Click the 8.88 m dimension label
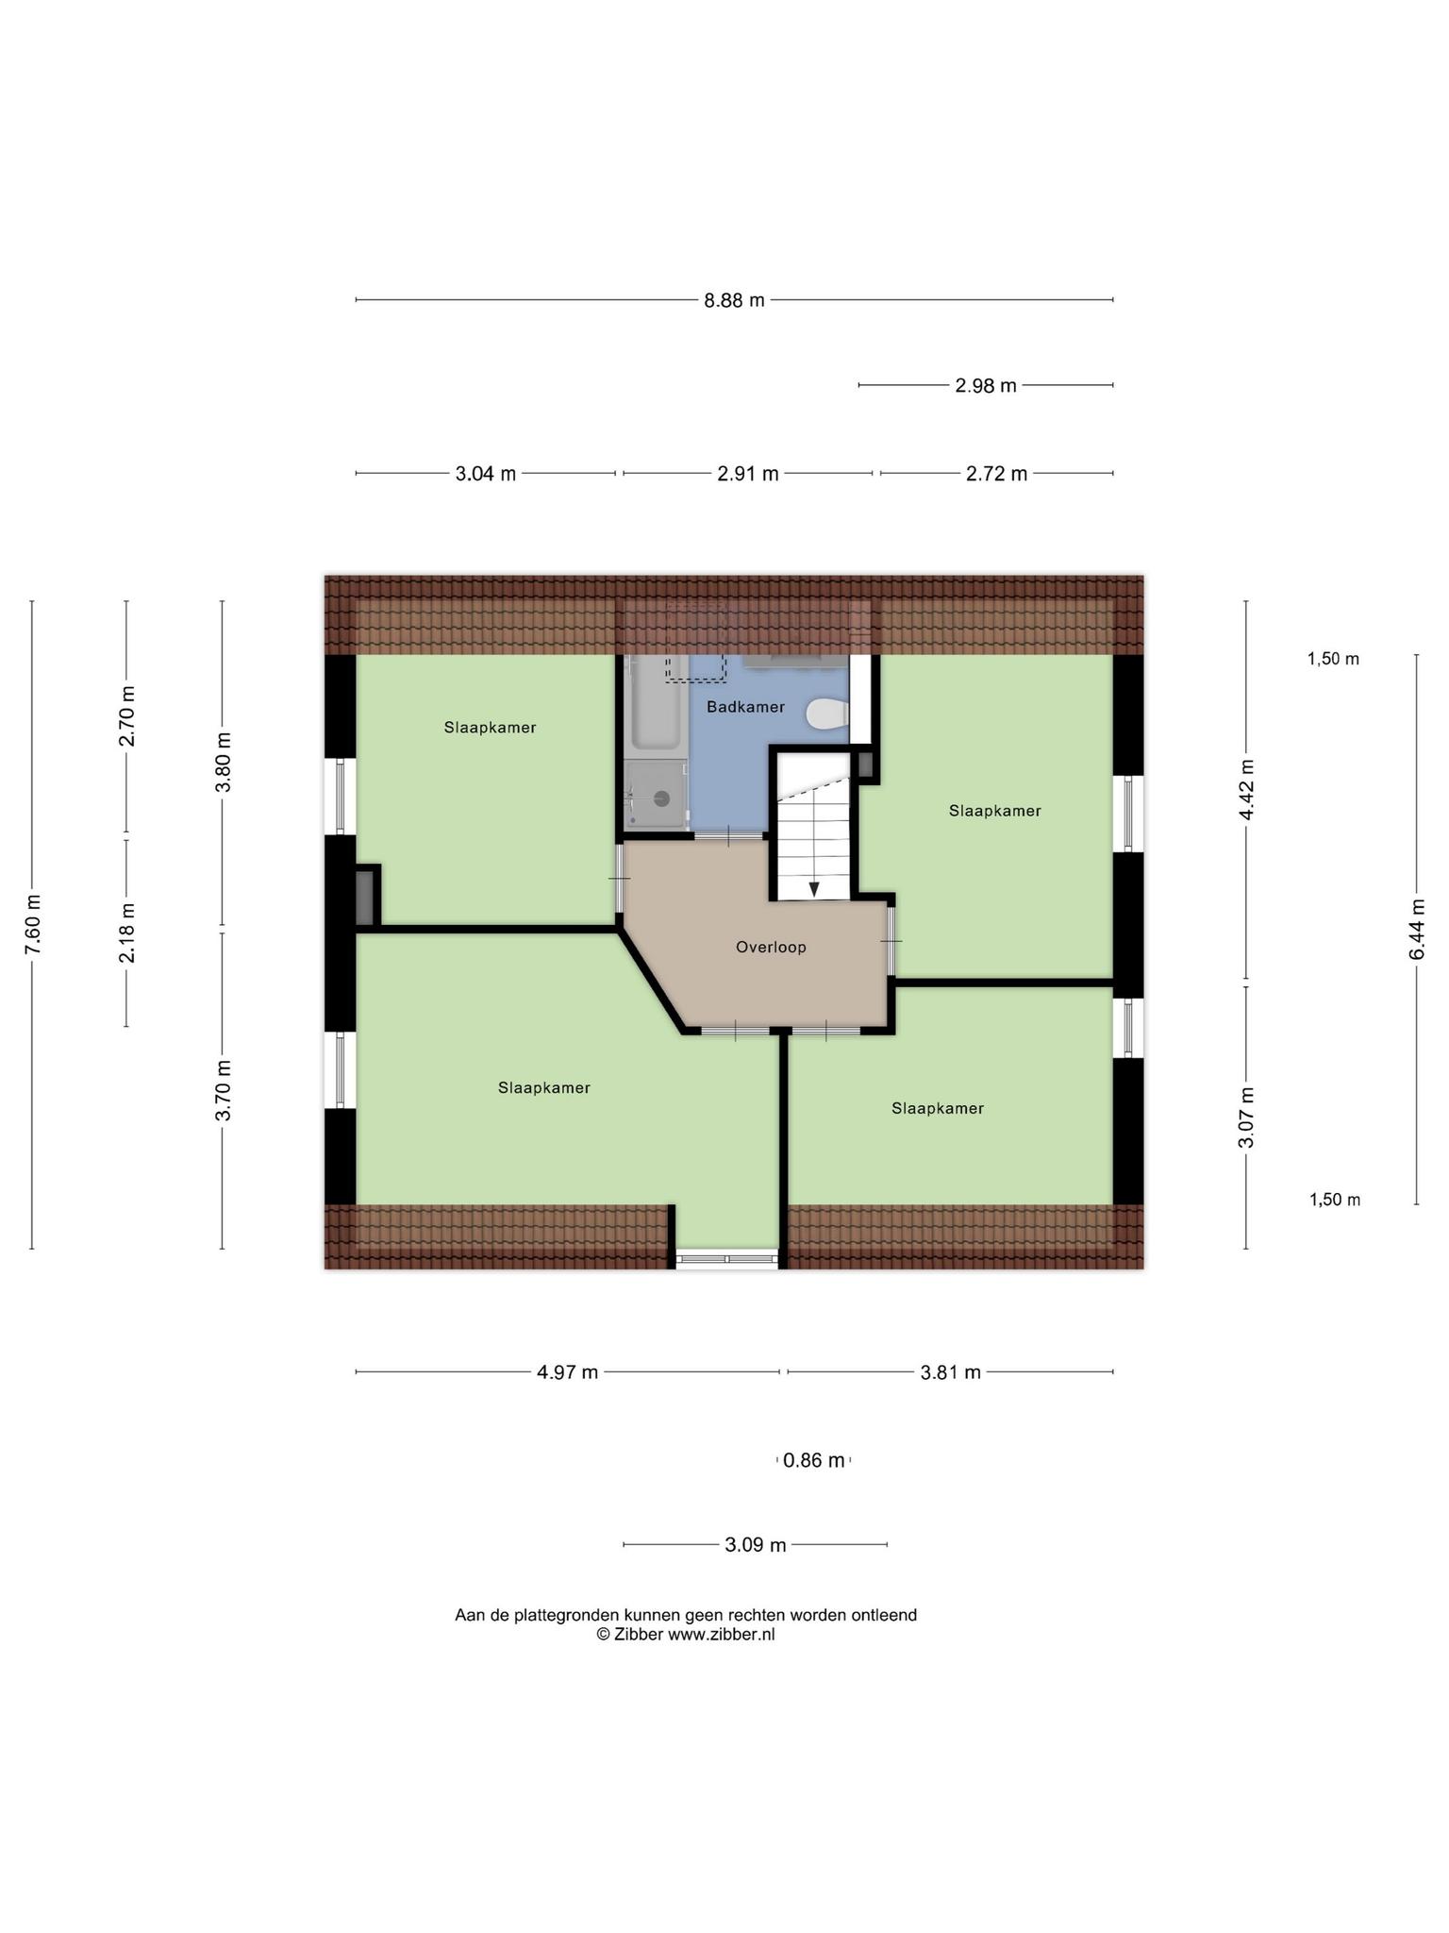coord(734,300)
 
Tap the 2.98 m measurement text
coord(986,385)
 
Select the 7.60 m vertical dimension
coord(32,924)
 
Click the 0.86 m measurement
coord(814,1460)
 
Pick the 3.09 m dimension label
coord(756,1545)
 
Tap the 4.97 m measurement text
coord(568,1372)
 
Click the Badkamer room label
coord(745,707)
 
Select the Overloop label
coord(771,947)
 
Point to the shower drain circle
coord(662,798)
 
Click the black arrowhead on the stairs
coord(814,890)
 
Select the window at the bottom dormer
coord(727,1258)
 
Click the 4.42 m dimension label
coord(1246,790)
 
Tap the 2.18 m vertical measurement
coord(126,933)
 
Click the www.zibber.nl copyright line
coord(686,1635)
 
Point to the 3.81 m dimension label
coord(951,1372)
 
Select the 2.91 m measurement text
coord(748,474)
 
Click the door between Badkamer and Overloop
coord(729,835)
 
